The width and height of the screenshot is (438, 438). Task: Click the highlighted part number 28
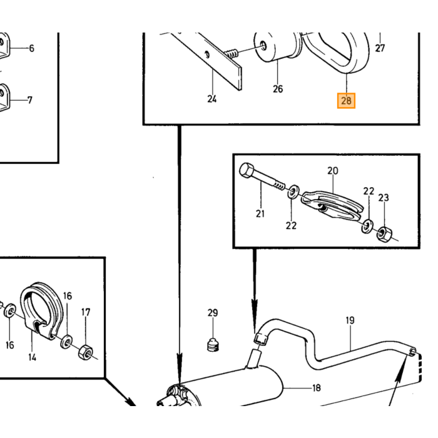pos(346,101)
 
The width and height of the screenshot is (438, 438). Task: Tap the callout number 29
pos(213,313)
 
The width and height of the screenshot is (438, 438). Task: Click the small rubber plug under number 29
pos(213,344)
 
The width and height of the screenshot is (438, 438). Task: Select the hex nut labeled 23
pos(384,234)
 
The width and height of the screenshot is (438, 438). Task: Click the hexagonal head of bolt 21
pos(247,170)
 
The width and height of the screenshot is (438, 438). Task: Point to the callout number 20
pos(333,171)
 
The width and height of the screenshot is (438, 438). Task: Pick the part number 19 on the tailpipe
pos(350,320)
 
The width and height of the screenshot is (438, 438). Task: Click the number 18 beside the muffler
pos(317,388)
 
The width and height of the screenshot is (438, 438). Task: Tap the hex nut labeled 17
pos(86,352)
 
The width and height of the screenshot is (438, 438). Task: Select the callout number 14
pos(32,357)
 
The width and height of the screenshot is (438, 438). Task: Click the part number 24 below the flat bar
pos(212,99)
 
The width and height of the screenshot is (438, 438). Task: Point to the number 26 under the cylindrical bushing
pos(278,89)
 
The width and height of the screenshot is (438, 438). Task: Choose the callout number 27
pos(380,48)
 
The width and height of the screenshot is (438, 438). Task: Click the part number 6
pos(31,48)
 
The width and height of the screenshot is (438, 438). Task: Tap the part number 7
pos(30,100)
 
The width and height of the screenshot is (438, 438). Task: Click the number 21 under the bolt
pos(260,214)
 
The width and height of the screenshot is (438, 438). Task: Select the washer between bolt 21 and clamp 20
pos(293,192)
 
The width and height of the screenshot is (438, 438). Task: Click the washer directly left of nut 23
pos(367,226)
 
